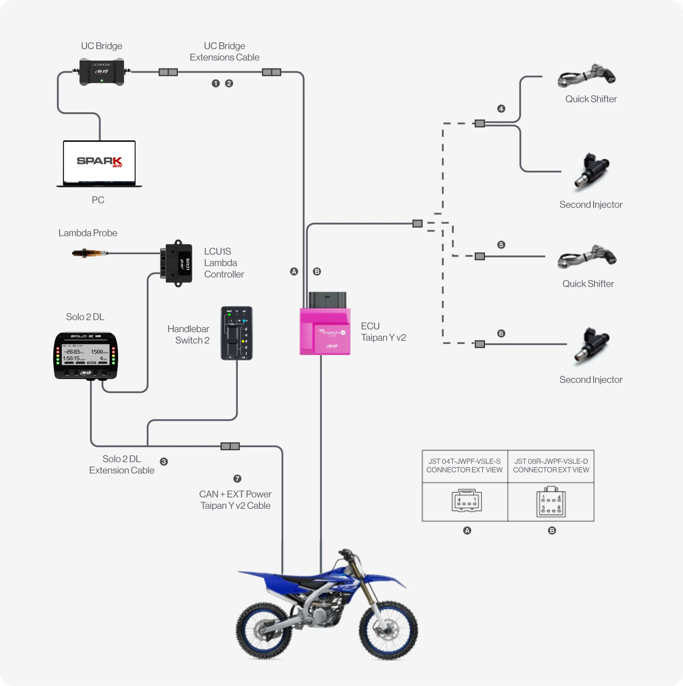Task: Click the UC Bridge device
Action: point(102,72)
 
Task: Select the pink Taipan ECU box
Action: point(325,332)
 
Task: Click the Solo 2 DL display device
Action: point(86,355)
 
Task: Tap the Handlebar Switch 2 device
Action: point(236,333)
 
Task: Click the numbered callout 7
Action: point(237,478)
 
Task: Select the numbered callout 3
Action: point(164,461)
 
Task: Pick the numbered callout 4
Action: point(501,109)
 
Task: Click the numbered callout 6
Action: point(501,333)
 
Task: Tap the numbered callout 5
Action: point(501,245)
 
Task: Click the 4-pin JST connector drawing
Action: point(466,501)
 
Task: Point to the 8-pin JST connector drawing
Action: point(551,502)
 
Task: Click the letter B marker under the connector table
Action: point(552,531)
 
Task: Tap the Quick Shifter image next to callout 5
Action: point(587,257)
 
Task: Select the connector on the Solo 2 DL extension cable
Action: point(230,446)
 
